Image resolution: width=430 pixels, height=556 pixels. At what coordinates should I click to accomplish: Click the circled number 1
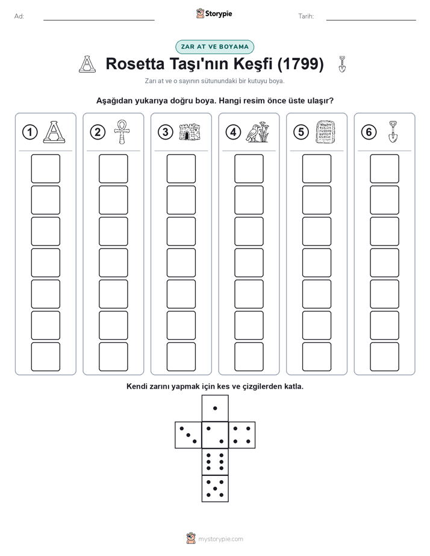[30, 132]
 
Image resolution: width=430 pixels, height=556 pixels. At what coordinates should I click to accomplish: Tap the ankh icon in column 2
[122, 132]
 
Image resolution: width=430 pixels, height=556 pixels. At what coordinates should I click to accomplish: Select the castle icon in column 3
[190, 132]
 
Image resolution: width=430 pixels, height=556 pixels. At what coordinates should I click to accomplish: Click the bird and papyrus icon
[258, 132]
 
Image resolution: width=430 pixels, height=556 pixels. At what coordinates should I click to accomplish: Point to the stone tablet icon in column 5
[325, 132]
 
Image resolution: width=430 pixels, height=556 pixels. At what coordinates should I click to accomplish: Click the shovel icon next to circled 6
[393, 132]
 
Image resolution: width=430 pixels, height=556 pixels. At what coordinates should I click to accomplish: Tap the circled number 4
[233, 132]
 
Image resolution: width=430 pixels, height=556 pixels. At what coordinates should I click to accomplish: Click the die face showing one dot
[215, 408]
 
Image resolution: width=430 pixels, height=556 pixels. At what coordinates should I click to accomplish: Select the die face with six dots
[215, 462]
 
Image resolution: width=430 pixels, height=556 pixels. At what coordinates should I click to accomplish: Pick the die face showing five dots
[215, 488]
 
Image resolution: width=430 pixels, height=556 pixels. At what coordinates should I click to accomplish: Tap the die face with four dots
[241, 435]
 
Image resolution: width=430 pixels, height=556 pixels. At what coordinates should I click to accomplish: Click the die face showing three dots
[189, 435]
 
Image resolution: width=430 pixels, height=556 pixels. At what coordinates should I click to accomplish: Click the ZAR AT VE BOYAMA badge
[214, 47]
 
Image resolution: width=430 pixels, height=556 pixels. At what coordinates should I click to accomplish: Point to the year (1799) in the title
[301, 64]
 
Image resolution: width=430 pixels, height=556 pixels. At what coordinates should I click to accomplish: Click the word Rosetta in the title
[135, 64]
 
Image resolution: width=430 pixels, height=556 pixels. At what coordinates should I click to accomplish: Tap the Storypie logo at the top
[214, 13]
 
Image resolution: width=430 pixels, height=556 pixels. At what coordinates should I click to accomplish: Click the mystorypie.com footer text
[220, 539]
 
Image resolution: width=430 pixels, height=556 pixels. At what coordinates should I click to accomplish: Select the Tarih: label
[306, 16]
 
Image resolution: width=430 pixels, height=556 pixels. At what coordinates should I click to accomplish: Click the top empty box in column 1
[45, 168]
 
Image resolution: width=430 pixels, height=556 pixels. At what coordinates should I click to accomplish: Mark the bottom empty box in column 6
[384, 357]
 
